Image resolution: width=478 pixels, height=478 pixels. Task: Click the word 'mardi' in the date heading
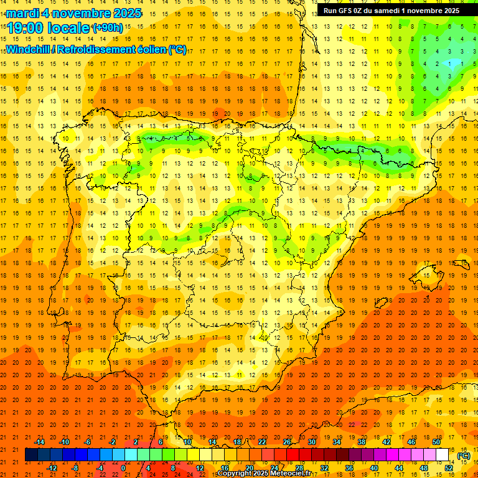pyautogui.click(x=23, y=13)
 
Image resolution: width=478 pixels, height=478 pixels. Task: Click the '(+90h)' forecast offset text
pyautogui.click(x=107, y=28)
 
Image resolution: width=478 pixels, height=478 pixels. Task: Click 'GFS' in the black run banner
pyautogui.click(x=347, y=11)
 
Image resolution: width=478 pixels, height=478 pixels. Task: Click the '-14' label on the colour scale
pyautogui.click(x=40, y=441)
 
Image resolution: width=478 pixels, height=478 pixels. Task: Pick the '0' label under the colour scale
pyautogui.click(x=123, y=468)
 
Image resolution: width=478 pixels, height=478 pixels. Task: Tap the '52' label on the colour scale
pyautogui.click(x=449, y=468)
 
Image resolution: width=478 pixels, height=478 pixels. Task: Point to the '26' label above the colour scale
pyautogui.click(x=288, y=441)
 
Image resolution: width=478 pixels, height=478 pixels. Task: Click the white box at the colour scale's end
pyautogui.click(x=443, y=455)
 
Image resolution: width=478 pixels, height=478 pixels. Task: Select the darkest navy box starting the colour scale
pyautogui.click(x=31, y=455)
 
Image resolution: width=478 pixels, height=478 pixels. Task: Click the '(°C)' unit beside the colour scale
pyautogui.click(x=464, y=456)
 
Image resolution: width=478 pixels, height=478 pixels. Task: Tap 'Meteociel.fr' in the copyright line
pyautogui.click(x=294, y=474)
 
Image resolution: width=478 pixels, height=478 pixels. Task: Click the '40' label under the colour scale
pyautogui.click(x=373, y=468)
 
